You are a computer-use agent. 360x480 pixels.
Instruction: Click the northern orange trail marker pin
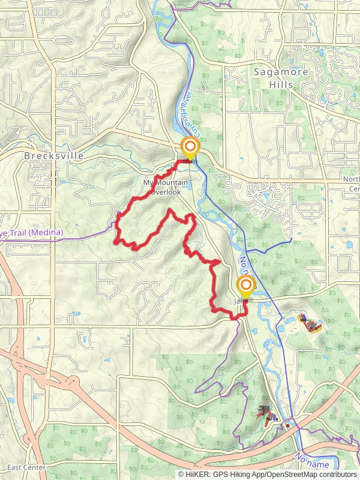pos(190,147)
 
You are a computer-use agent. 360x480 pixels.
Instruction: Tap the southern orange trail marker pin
pos(245,287)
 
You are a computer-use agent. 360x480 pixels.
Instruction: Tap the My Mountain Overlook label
pos(166,187)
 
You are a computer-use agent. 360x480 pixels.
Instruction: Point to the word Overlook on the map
pos(166,191)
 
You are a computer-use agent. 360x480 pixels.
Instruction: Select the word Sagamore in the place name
pos(280,72)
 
